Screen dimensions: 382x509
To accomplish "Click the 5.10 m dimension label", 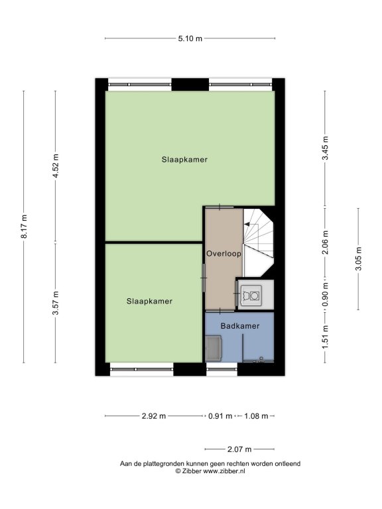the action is tap(190, 38).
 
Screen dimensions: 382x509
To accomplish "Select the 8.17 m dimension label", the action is tap(24, 227).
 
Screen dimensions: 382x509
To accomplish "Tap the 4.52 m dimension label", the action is tap(56, 166).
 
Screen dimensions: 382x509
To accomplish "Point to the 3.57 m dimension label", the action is tap(56, 303).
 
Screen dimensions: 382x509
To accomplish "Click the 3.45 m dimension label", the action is tap(325, 148).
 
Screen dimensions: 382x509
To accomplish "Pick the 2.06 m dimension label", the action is tap(325, 243).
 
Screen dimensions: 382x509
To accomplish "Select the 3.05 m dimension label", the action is tap(358, 258).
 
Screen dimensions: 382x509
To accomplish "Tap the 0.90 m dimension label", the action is tap(325, 295).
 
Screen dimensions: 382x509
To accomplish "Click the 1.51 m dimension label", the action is tap(325, 337).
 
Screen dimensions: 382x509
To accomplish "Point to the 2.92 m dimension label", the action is tap(154, 416).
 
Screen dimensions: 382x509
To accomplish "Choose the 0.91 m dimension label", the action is tap(220, 416).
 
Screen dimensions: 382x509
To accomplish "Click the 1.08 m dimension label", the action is tap(256, 416).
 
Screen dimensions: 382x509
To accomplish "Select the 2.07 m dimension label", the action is tap(239, 449).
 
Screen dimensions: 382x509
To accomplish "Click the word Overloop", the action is tap(223, 254).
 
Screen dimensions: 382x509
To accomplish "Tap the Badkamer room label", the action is tap(240, 326).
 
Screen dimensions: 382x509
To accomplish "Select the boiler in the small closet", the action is tap(250, 296).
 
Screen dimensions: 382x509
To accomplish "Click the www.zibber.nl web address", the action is tap(224, 471).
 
